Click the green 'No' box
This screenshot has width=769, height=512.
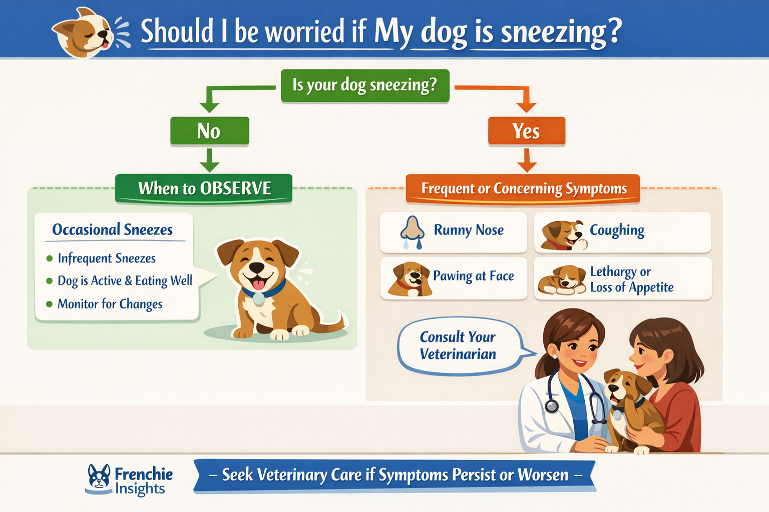click(209, 131)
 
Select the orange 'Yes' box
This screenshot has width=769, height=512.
click(526, 131)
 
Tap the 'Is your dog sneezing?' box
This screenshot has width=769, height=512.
click(364, 85)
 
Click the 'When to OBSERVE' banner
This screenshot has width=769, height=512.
click(204, 188)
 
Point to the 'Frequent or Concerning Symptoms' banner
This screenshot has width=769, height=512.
click(523, 188)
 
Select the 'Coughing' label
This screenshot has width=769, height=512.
click(617, 230)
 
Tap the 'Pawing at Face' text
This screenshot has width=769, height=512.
click(473, 276)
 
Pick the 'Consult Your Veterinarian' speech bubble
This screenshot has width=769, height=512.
click(458, 345)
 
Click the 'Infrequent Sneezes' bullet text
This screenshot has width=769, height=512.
click(107, 258)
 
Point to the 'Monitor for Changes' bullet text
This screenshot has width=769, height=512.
click(110, 304)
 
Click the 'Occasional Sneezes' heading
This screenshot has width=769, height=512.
click(113, 229)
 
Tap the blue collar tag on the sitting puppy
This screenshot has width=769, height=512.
click(258, 299)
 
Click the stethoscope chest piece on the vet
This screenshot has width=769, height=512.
click(551, 405)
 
